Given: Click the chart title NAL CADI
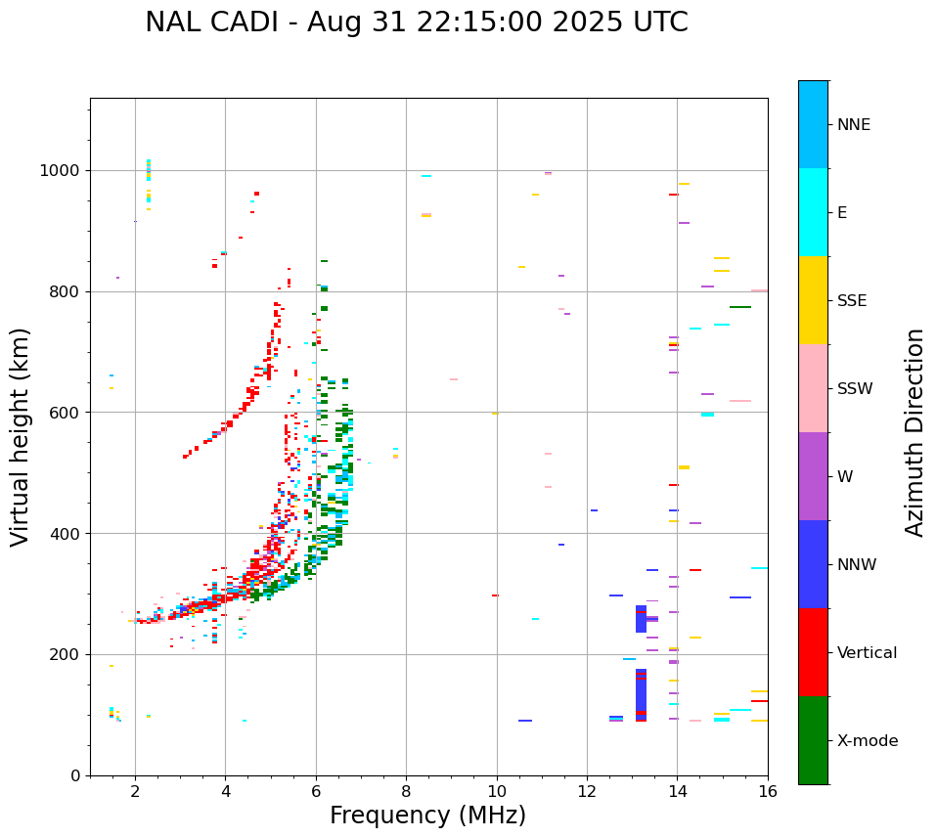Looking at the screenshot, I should coord(416,22).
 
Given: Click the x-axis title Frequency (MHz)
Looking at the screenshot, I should coord(427,816).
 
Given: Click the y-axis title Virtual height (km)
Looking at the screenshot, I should coord(21,436).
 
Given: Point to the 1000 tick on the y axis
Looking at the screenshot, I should coord(63,170).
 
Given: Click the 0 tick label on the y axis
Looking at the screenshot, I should coord(75,775).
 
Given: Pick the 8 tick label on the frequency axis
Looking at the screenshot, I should coord(406,791).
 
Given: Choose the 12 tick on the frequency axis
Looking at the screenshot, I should coord(587,791).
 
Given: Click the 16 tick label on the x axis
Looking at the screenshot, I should coord(768,791).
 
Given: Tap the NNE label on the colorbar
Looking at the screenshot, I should coord(853,125).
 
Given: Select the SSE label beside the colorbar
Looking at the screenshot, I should coord(852,301).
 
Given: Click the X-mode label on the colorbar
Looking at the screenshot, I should coord(867,741).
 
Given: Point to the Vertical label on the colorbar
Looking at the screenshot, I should coord(867,653).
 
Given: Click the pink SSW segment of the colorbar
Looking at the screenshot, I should coord(813,388).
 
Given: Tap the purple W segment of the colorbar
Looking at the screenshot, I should coord(813,476).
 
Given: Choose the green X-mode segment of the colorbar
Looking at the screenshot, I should coord(813,740).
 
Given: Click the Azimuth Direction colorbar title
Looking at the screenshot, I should coord(915,432).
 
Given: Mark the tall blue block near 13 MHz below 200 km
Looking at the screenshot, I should coord(641,695).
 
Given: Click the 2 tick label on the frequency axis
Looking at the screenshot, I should coord(135,791).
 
